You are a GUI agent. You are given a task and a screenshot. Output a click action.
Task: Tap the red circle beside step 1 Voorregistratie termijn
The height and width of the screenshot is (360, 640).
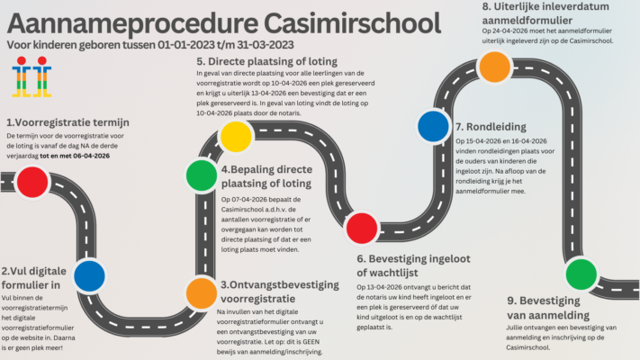pyautogui.click(x=32, y=181)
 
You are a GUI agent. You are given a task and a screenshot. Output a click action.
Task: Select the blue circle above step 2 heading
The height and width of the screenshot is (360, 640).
pyautogui.click(x=89, y=275)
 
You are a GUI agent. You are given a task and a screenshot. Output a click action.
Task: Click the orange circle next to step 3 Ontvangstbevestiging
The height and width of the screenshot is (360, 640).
pyautogui.click(x=201, y=292)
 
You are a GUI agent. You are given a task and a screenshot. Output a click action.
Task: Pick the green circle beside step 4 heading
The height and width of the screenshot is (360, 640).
pyautogui.click(x=200, y=175)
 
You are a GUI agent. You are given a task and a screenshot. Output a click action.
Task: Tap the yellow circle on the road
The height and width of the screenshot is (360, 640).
pyautogui.click(x=236, y=135)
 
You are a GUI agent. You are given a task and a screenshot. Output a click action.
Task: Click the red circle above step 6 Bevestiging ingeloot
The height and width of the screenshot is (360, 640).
pyautogui.click(x=362, y=228)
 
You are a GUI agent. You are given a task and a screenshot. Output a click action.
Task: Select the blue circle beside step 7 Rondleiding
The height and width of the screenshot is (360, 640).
pyautogui.click(x=434, y=126)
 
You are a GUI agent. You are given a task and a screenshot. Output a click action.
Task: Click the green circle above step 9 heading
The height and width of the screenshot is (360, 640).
pyautogui.click(x=581, y=271)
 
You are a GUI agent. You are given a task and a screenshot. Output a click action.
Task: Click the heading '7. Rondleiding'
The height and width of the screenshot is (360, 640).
pyautogui.click(x=491, y=127)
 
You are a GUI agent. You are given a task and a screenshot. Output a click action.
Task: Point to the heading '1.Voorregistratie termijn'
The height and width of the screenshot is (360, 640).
pyautogui.click(x=68, y=122)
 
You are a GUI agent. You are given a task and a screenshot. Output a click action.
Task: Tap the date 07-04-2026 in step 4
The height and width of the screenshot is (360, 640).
pyautogui.click(x=248, y=199)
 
